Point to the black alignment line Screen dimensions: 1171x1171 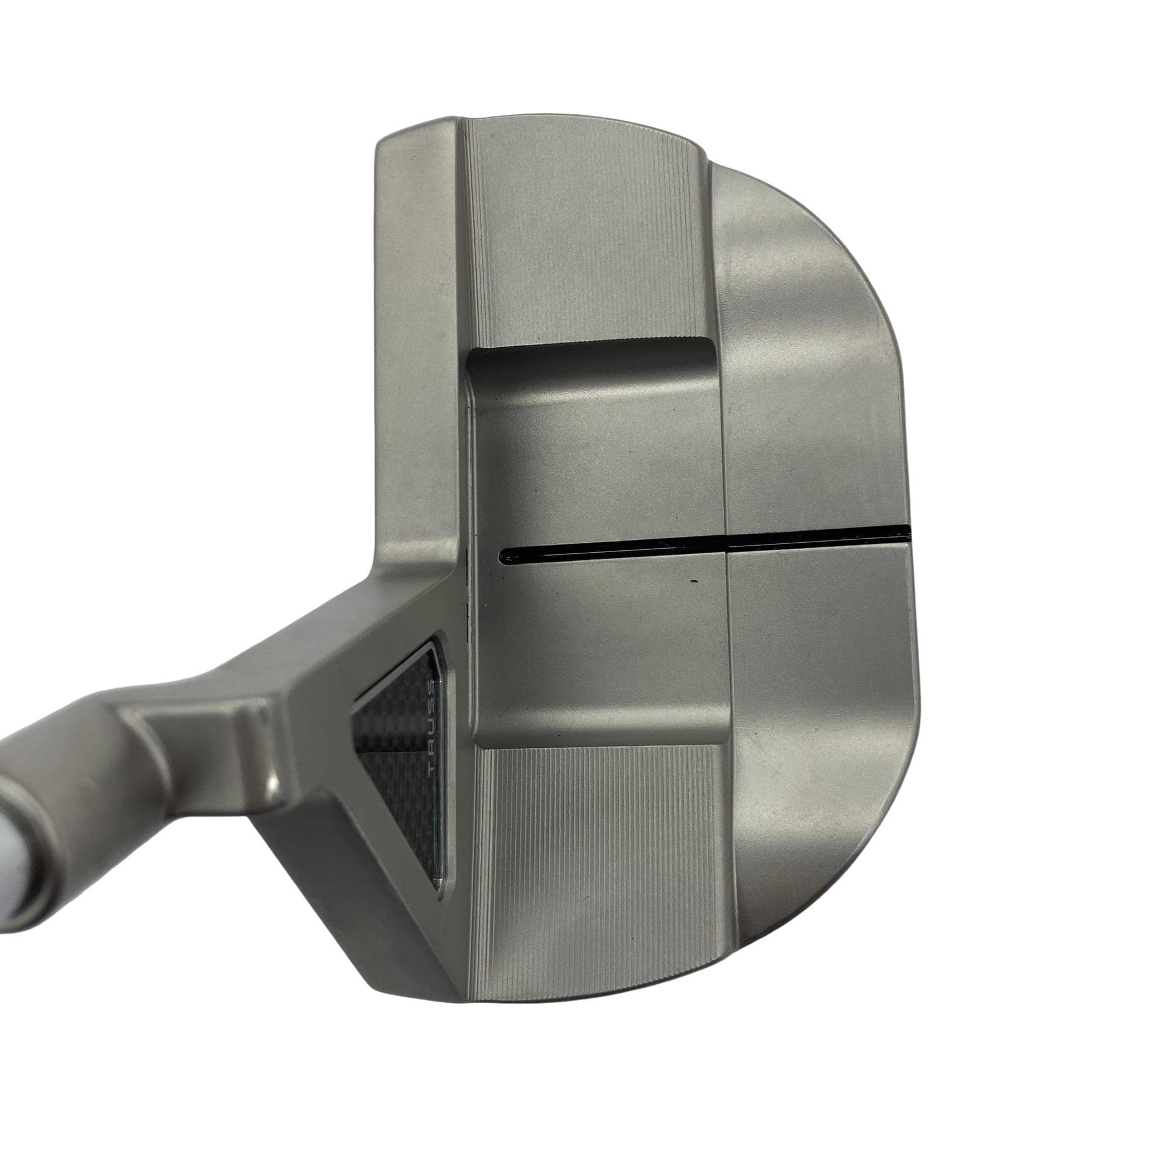[x=704, y=543]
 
